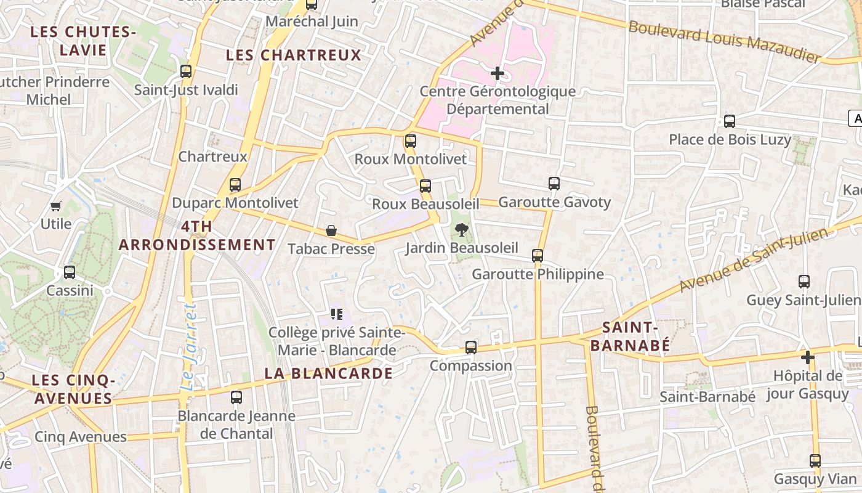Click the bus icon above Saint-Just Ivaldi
(186, 71)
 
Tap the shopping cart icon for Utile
(56, 206)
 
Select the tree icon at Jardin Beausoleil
(461, 230)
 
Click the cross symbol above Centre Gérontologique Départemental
(497, 74)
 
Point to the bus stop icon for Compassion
(471, 348)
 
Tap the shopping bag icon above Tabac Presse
(331, 231)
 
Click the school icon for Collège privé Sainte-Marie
(336, 314)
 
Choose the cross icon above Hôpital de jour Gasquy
(807, 357)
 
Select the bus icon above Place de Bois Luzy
(730, 121)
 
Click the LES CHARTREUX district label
(293, 55)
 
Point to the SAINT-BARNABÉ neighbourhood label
(630, 336)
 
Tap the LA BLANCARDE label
(328, 373)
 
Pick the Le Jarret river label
(188, 346)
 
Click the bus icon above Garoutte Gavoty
(554, 184)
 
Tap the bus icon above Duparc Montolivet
(235, 185)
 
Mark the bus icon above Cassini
(70, 272)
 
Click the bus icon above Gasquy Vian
(815, 461)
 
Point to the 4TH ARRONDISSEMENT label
(197, 236)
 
